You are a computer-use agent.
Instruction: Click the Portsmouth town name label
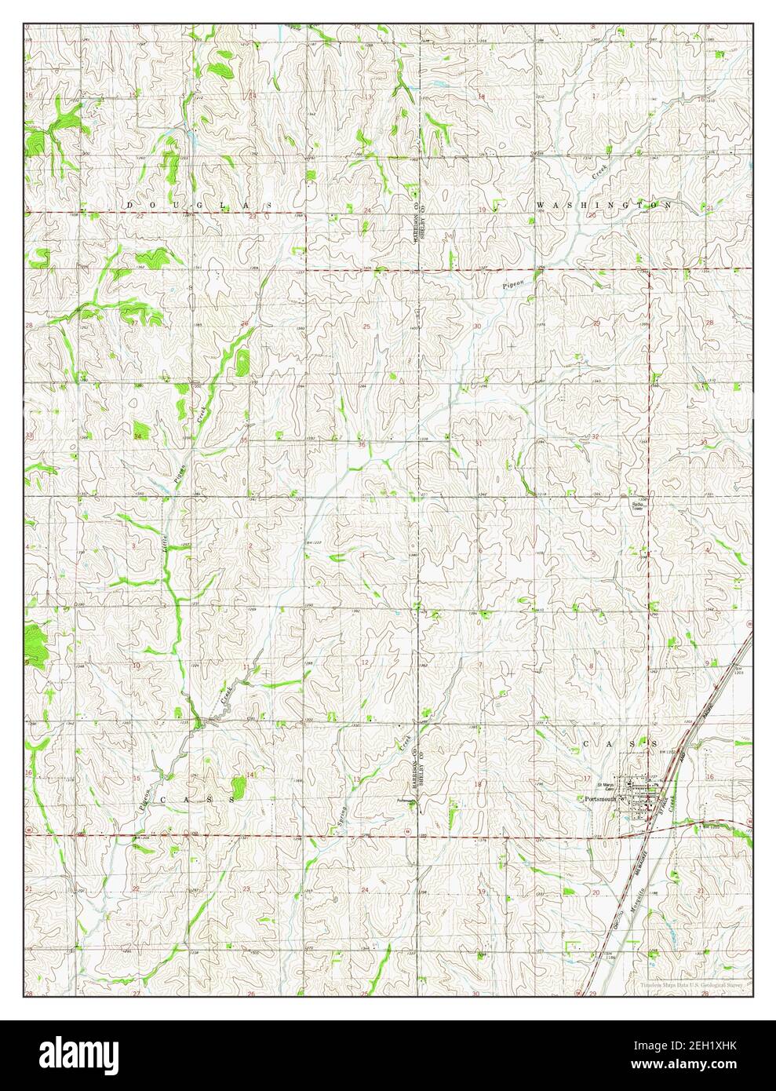[x=601, y=799]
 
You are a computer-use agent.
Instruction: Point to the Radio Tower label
[x=638, y=505]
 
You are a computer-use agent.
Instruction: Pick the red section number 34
[x=138, y=436]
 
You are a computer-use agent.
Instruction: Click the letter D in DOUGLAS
[x=130, y=205]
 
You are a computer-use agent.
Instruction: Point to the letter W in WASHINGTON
[x=541, y=205]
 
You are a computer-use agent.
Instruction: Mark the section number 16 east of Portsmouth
[x=709, y=776]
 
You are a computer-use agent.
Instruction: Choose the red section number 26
[x=245, y=324]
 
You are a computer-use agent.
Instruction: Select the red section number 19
[x=482, y=209]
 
